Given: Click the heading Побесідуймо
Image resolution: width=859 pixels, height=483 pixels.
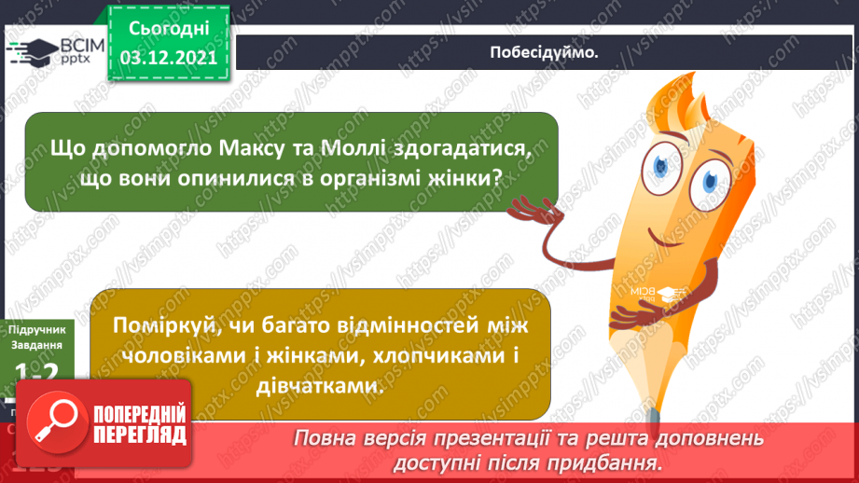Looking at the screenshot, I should pos(543,52).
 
